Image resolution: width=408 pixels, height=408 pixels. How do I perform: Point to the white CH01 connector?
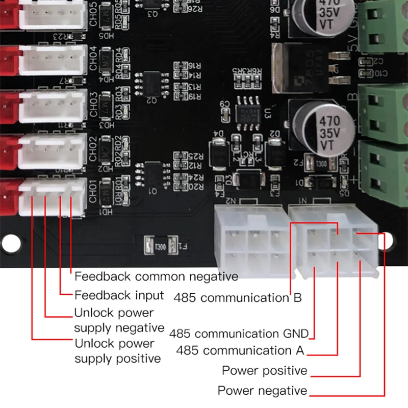pos(53,197)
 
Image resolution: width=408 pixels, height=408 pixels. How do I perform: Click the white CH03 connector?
pos(53,104)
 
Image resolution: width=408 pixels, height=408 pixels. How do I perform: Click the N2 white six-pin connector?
pos(249,240)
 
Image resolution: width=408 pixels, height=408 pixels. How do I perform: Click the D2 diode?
pos(276,148)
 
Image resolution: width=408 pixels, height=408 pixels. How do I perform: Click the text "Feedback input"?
pos(119,295)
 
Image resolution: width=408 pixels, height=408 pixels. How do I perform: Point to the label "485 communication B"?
pos(238,297)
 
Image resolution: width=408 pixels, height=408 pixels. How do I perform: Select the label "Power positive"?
pos(264,370)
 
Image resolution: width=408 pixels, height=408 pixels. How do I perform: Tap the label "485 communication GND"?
pos(239,334)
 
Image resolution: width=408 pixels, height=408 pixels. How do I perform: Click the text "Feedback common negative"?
pos(156,277)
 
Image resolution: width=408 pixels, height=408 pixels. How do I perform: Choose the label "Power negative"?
pos(263,391)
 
